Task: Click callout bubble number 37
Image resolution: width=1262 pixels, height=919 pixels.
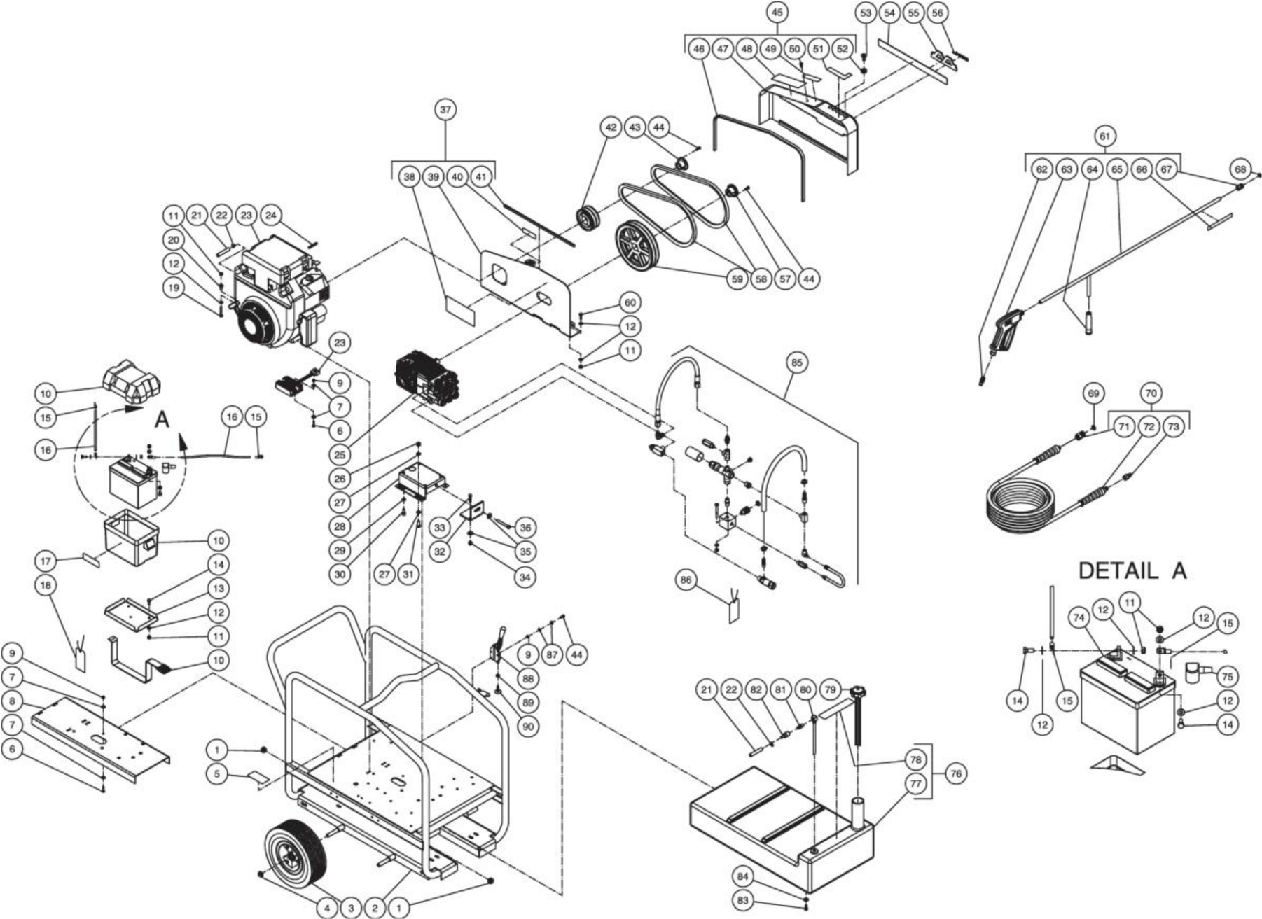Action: (445, 110)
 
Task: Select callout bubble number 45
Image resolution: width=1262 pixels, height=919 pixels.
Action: (776, 12)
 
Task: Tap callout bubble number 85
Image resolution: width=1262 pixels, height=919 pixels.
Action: (796, 363)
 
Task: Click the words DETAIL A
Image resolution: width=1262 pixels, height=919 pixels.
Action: (1132, 570)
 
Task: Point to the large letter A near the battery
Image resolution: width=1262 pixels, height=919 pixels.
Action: (162, 420)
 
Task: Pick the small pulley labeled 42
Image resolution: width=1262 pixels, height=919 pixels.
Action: (585, 217)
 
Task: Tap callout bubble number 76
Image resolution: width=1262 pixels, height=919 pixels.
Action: (956, 773)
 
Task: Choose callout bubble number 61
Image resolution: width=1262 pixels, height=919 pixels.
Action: (1104, 136)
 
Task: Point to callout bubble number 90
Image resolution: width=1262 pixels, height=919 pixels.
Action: (527, 727)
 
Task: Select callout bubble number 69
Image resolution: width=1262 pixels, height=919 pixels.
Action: (1093, 394)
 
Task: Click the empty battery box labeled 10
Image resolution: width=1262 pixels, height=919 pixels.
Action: (129, 539)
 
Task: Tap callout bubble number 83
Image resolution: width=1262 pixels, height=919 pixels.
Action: (743, 900)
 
